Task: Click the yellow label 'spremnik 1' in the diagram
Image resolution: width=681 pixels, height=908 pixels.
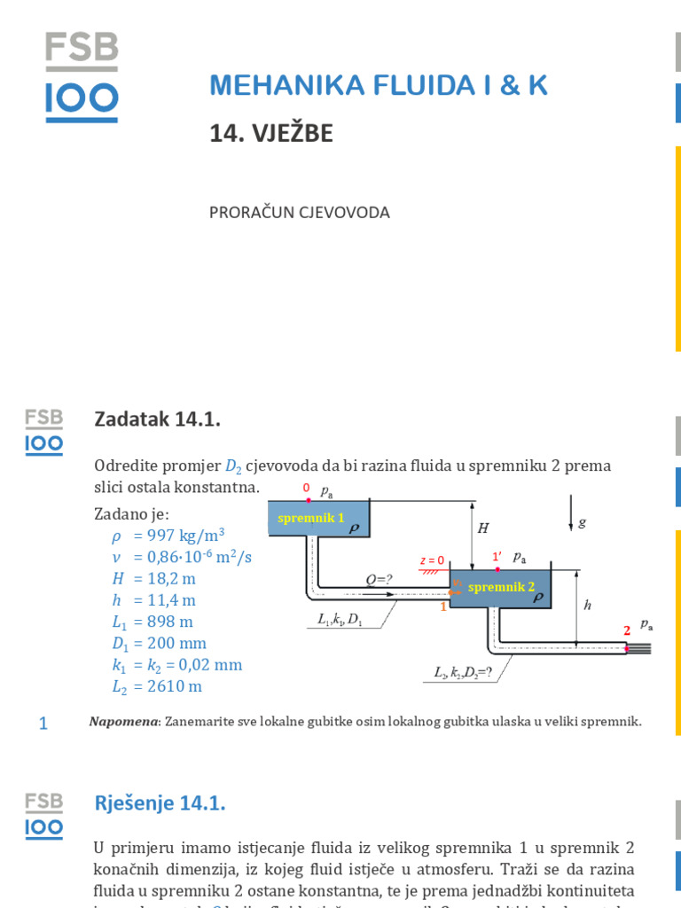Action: [x=310, y=518]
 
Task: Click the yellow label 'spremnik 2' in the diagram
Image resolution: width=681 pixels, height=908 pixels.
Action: [x=501, y=586]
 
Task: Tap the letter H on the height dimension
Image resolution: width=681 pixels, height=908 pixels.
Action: [x=483, y=528]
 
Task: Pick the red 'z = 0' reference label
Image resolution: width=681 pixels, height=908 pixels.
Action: [x=432, y=560]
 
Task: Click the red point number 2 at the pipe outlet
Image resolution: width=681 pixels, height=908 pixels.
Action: [x=626, y=630]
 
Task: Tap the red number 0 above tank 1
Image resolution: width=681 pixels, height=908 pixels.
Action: [x=306, y=488]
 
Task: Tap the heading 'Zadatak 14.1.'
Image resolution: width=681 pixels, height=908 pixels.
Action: [x=157, y=419]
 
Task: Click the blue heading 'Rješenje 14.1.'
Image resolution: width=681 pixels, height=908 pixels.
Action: [x=160, y=804]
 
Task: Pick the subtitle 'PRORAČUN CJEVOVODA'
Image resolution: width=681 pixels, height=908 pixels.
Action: [x=300, y=213]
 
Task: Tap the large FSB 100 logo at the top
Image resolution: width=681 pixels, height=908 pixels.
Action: [x=82, y=78]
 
